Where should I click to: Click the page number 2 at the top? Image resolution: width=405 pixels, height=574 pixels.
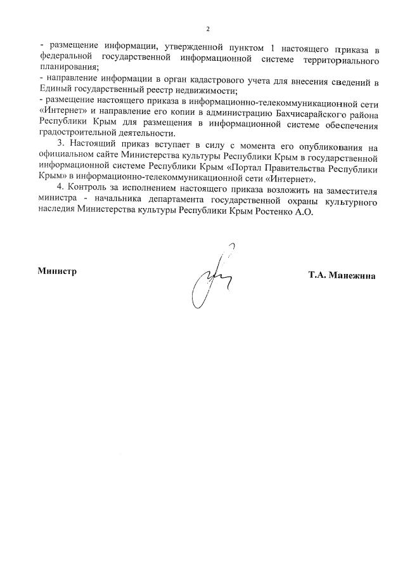pos(207,29)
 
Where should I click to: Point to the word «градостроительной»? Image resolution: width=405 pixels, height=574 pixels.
pos(78,134)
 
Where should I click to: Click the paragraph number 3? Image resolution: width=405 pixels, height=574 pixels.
pos(61,148)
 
